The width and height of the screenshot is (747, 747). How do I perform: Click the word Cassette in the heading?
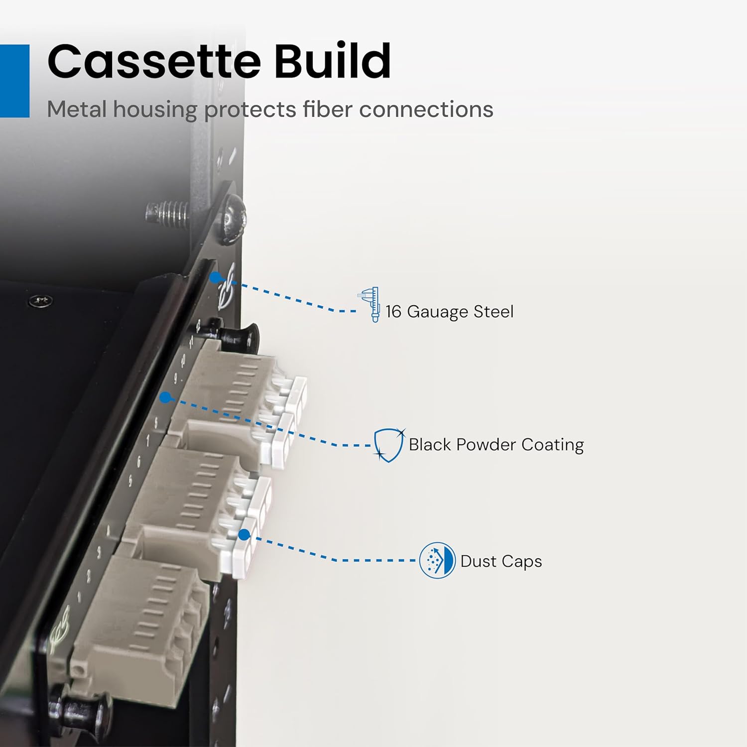(x=154, y=61)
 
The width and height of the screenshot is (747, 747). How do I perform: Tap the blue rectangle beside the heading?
(x=14, y=81)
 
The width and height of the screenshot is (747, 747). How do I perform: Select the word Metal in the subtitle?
(x=77, y=109)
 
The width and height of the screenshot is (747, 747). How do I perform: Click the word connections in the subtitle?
(x=426, y=110)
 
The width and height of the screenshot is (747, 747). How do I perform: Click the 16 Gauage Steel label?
(x=449, y=312)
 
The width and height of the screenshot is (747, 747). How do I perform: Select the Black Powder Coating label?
(x=496, y=445)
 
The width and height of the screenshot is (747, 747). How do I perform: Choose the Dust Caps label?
(x=501, y=561)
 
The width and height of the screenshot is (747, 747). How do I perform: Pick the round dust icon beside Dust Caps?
(x=437, y=561)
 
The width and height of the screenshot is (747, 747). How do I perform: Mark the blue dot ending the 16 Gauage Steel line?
(x=216, y=277)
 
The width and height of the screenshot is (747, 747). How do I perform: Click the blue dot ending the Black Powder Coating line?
(x=166, y=397)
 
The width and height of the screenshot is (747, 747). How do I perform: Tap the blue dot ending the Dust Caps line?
(x=244, y=534)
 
